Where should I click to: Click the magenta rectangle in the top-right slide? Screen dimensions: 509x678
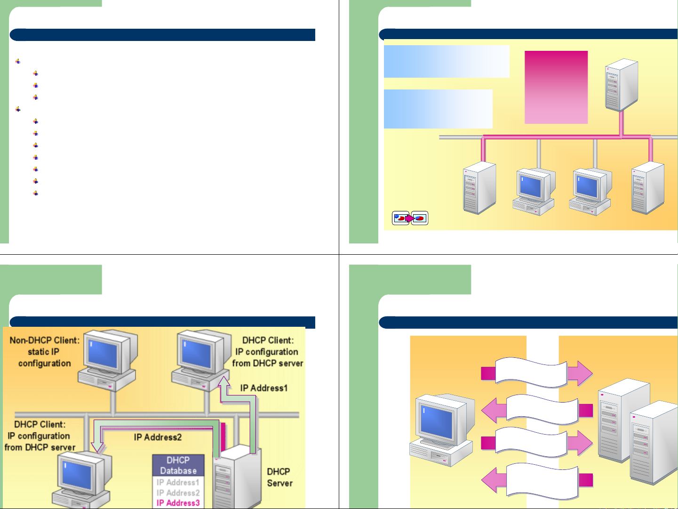[x=556, y=87]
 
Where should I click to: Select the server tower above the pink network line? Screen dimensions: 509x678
[x=621, y=85]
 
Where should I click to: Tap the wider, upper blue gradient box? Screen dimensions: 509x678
[x=447, y=61]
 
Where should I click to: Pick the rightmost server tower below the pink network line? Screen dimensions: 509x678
[x=648, y=187]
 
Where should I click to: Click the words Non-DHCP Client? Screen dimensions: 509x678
[x=45, y=340]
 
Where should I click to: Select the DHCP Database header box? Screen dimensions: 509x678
[x=178, y=465]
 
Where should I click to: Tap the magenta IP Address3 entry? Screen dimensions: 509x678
[x=178, y=503]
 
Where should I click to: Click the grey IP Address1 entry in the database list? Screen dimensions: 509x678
[x=178, y=483]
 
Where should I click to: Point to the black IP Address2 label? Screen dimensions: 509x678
[x=158, y=437]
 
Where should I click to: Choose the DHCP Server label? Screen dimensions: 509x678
[x=279, y=477]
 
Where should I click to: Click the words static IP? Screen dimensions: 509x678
[x=43, y=352]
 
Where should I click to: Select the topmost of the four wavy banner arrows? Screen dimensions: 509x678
[x=536, y=372]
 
